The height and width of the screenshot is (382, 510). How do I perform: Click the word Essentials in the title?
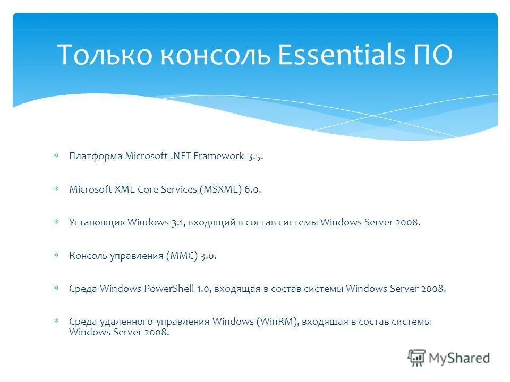coord(340,55)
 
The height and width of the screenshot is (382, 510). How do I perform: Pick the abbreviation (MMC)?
coord(182,256)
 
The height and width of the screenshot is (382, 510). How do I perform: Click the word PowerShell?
coord(168,289)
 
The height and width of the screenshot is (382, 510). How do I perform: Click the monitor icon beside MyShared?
coord(417,358)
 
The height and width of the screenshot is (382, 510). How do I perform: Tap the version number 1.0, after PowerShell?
coord(205,289)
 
